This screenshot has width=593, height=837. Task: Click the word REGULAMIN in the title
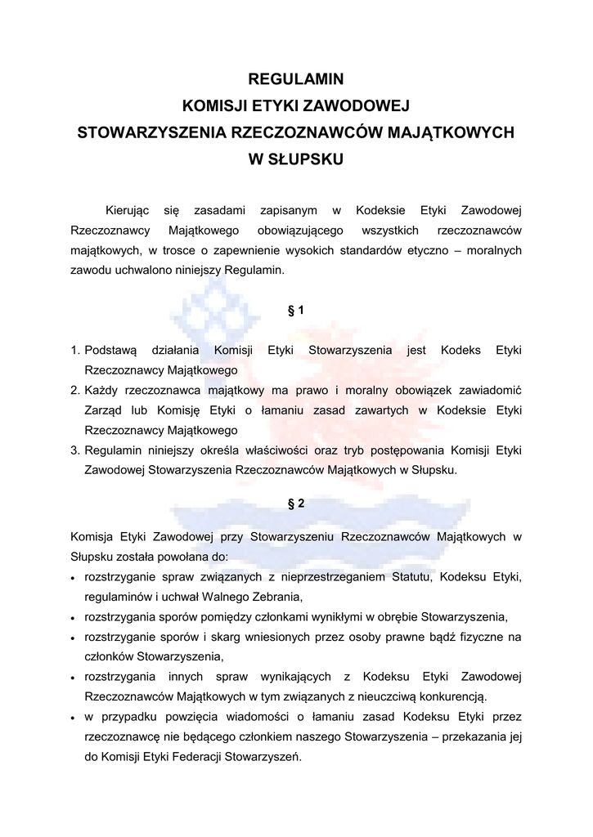coord(296,80)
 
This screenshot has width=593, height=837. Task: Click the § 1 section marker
coord(296,311)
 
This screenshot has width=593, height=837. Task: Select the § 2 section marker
coord(296,504)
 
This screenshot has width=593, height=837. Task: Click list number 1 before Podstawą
coord(74,351)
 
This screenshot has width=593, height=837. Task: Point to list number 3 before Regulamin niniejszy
coord(74,450)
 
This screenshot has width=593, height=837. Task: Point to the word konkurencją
coord(452,697)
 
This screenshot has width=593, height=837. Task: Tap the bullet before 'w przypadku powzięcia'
coord(74,718)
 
